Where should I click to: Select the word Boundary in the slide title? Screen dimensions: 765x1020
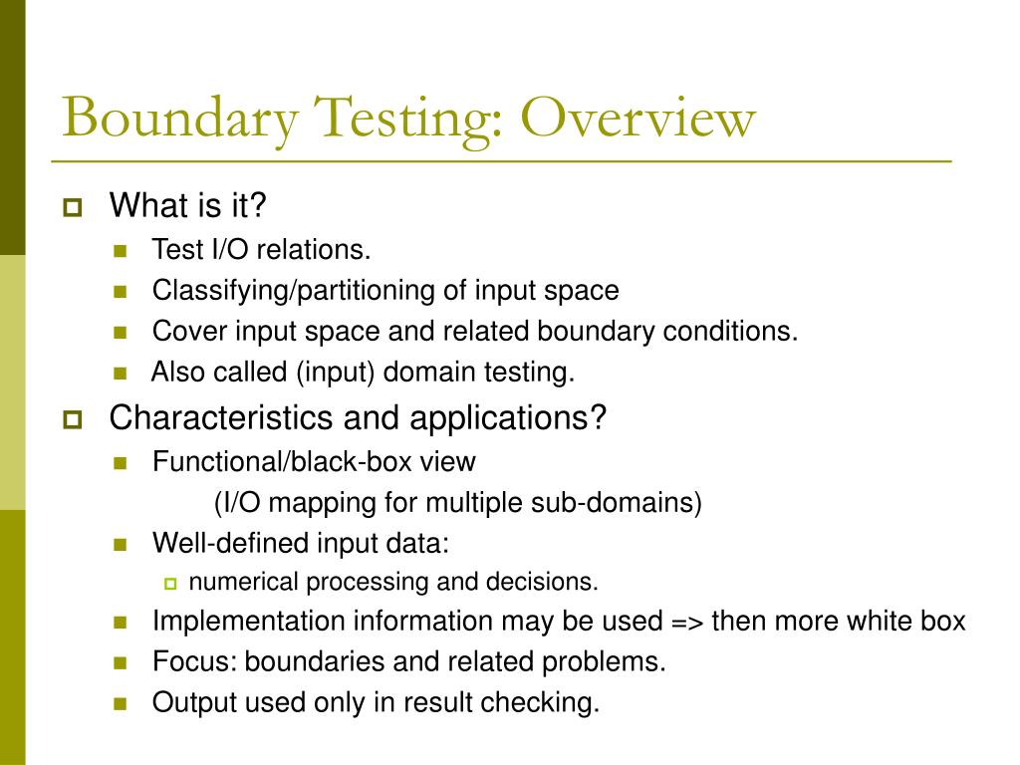click(x=179, y=120)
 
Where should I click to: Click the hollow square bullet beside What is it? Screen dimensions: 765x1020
click(x=72, y=208)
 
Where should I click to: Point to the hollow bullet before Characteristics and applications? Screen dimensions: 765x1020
click(x=72, y=418)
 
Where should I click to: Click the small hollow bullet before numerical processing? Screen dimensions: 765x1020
click(x=169, y=583)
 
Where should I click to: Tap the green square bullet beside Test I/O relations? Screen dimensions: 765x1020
click(x=122, y=250)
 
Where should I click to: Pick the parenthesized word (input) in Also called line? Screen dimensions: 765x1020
click(x=335, y=373)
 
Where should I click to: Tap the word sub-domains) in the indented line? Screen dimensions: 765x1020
click(x=638, y=502)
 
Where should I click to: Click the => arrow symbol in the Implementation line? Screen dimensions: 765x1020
click(x=686, y=622)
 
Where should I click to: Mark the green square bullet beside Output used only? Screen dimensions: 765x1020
click(x=122, y=703)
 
